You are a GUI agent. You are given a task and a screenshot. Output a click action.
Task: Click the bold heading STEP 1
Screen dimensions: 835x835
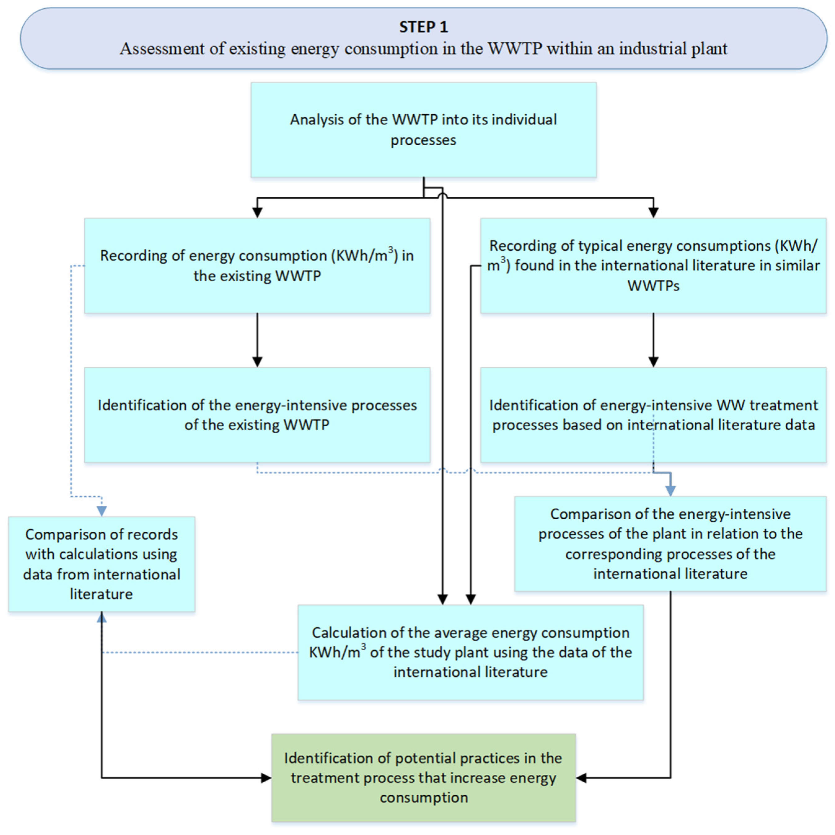[x=423, y=27]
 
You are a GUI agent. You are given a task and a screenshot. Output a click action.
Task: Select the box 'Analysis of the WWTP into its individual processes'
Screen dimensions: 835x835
[x=423, y=130]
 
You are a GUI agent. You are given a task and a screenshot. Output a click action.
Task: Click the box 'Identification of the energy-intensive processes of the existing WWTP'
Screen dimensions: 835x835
[x=257, y=415]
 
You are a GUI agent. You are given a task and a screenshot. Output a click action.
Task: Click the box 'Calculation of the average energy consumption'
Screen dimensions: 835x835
[x=470, y=652]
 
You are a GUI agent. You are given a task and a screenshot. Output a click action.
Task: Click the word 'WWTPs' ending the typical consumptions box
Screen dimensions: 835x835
[x=653, y=286]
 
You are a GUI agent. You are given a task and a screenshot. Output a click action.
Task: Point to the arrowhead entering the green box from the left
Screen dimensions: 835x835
[x=266, y=778]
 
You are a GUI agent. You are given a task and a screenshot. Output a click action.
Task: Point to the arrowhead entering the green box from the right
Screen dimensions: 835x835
[x=581, y=778]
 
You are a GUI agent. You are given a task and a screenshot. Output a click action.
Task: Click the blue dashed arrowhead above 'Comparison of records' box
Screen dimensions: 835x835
[x=102, y=511]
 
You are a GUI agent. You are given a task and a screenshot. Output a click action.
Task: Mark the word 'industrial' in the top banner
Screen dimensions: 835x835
[x=653, y=49]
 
